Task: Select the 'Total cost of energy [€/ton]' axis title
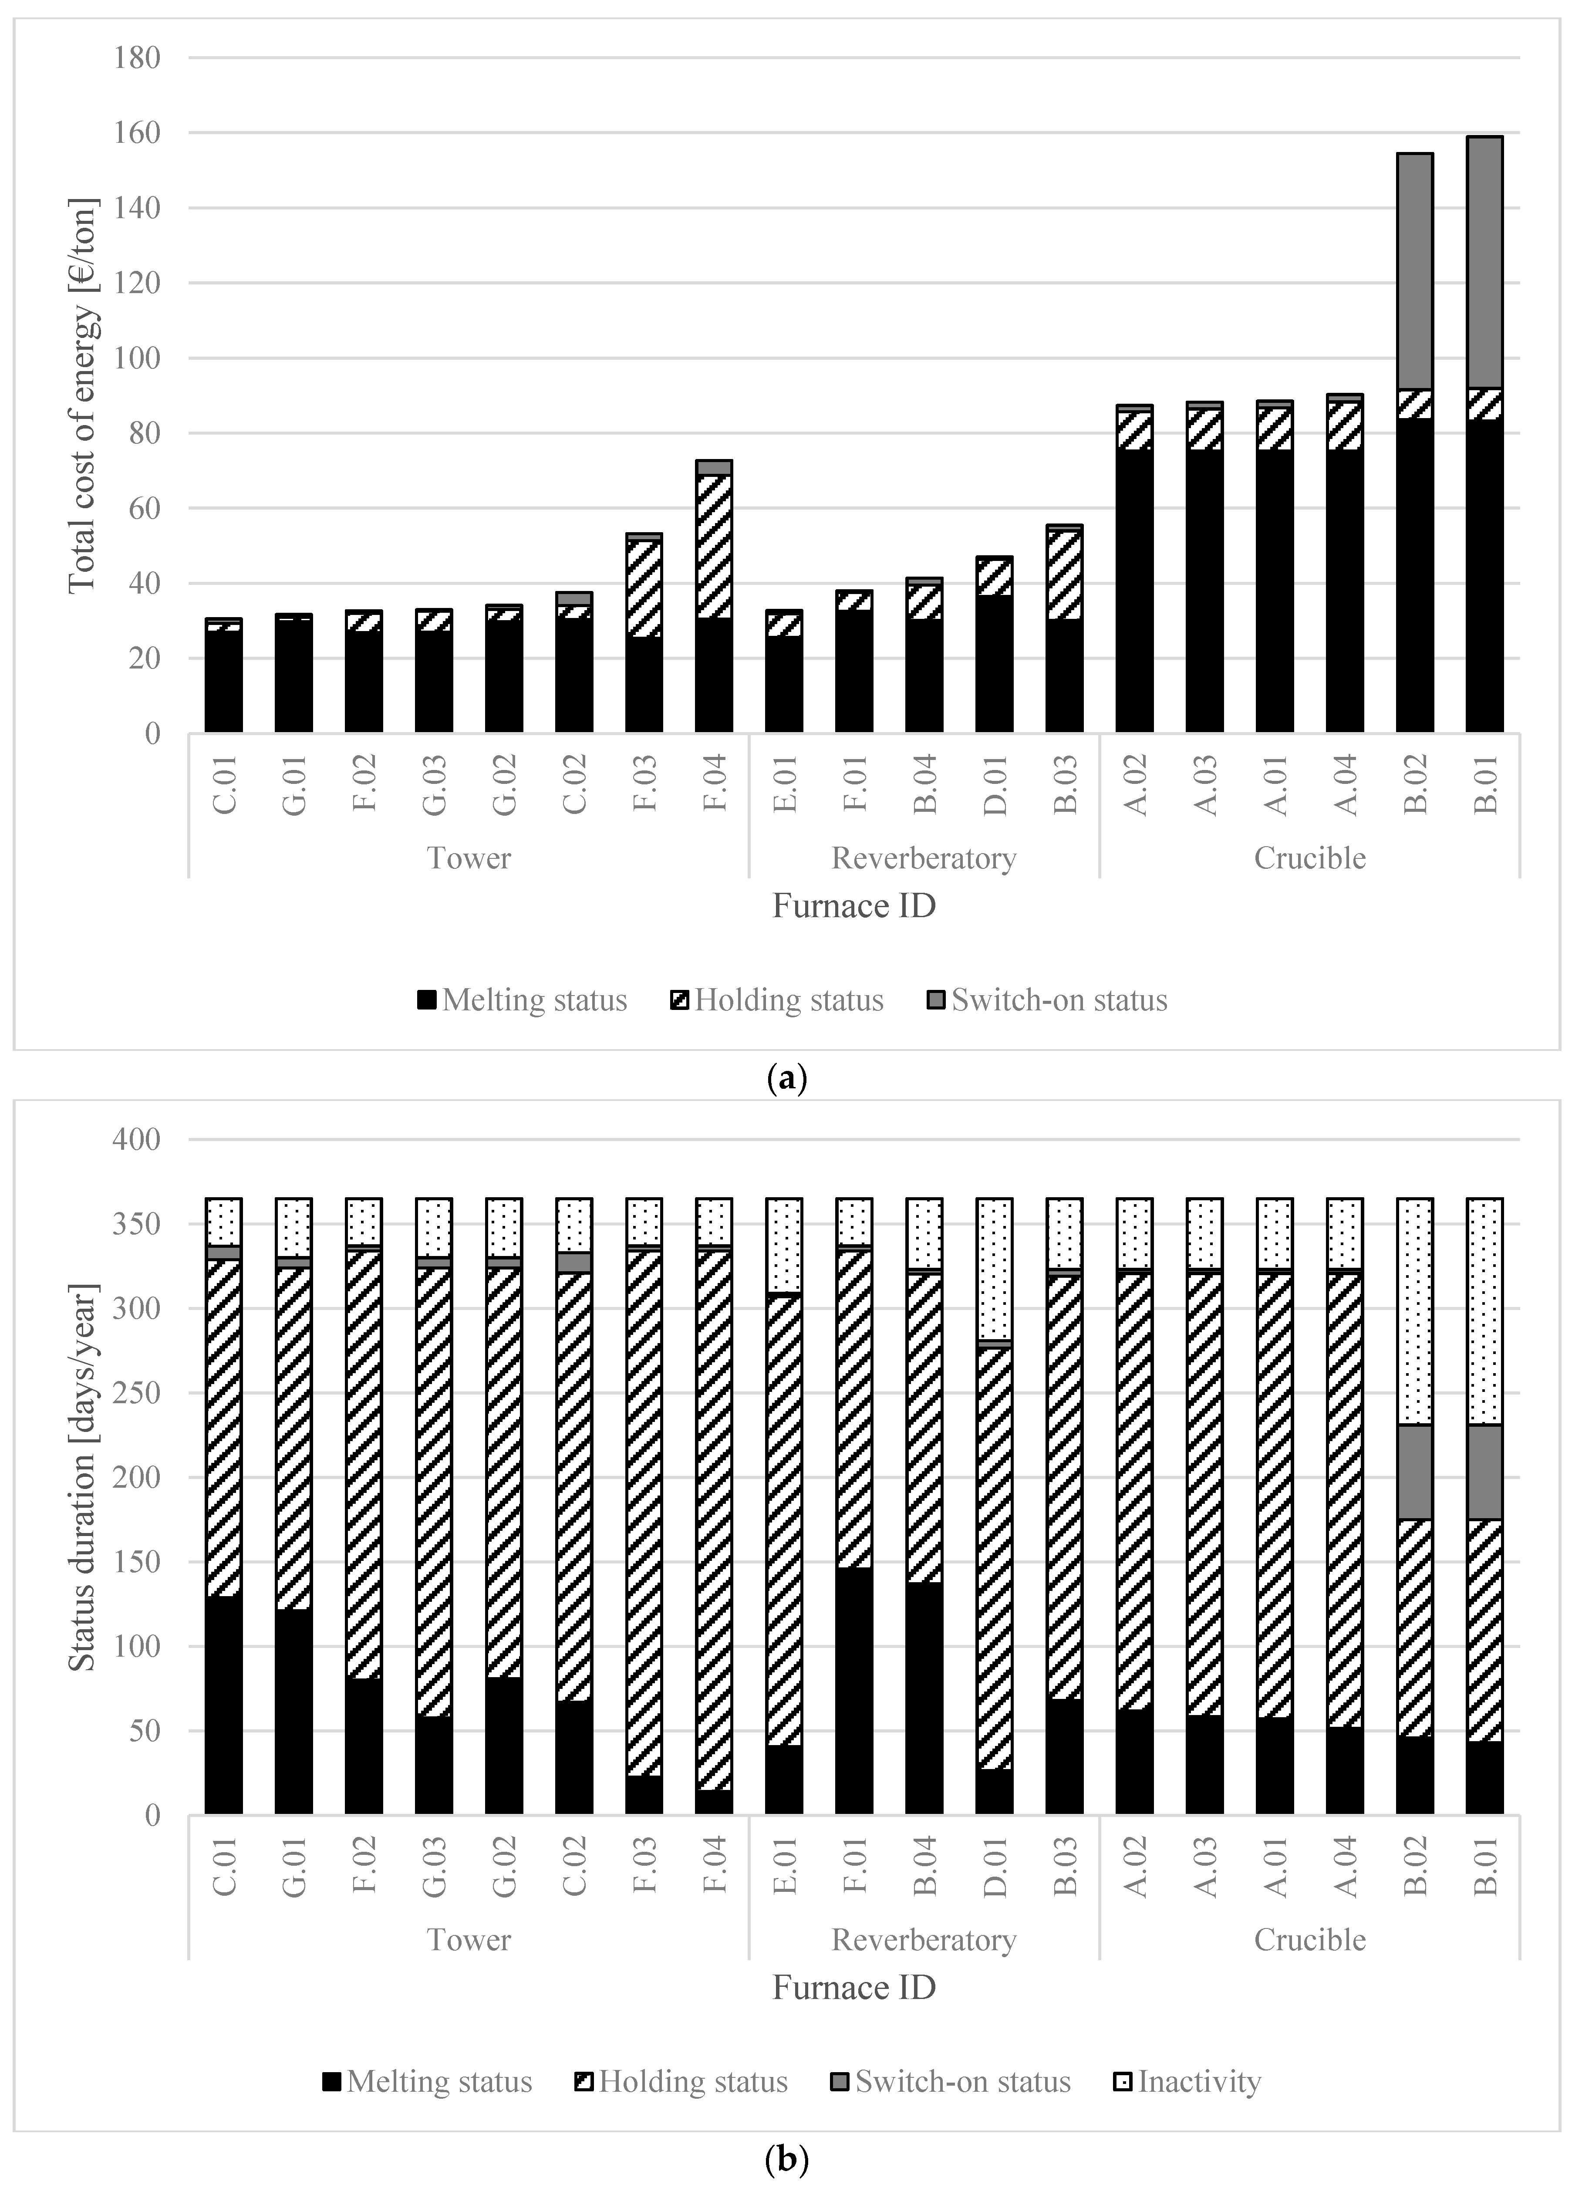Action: [x=83, y=395]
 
